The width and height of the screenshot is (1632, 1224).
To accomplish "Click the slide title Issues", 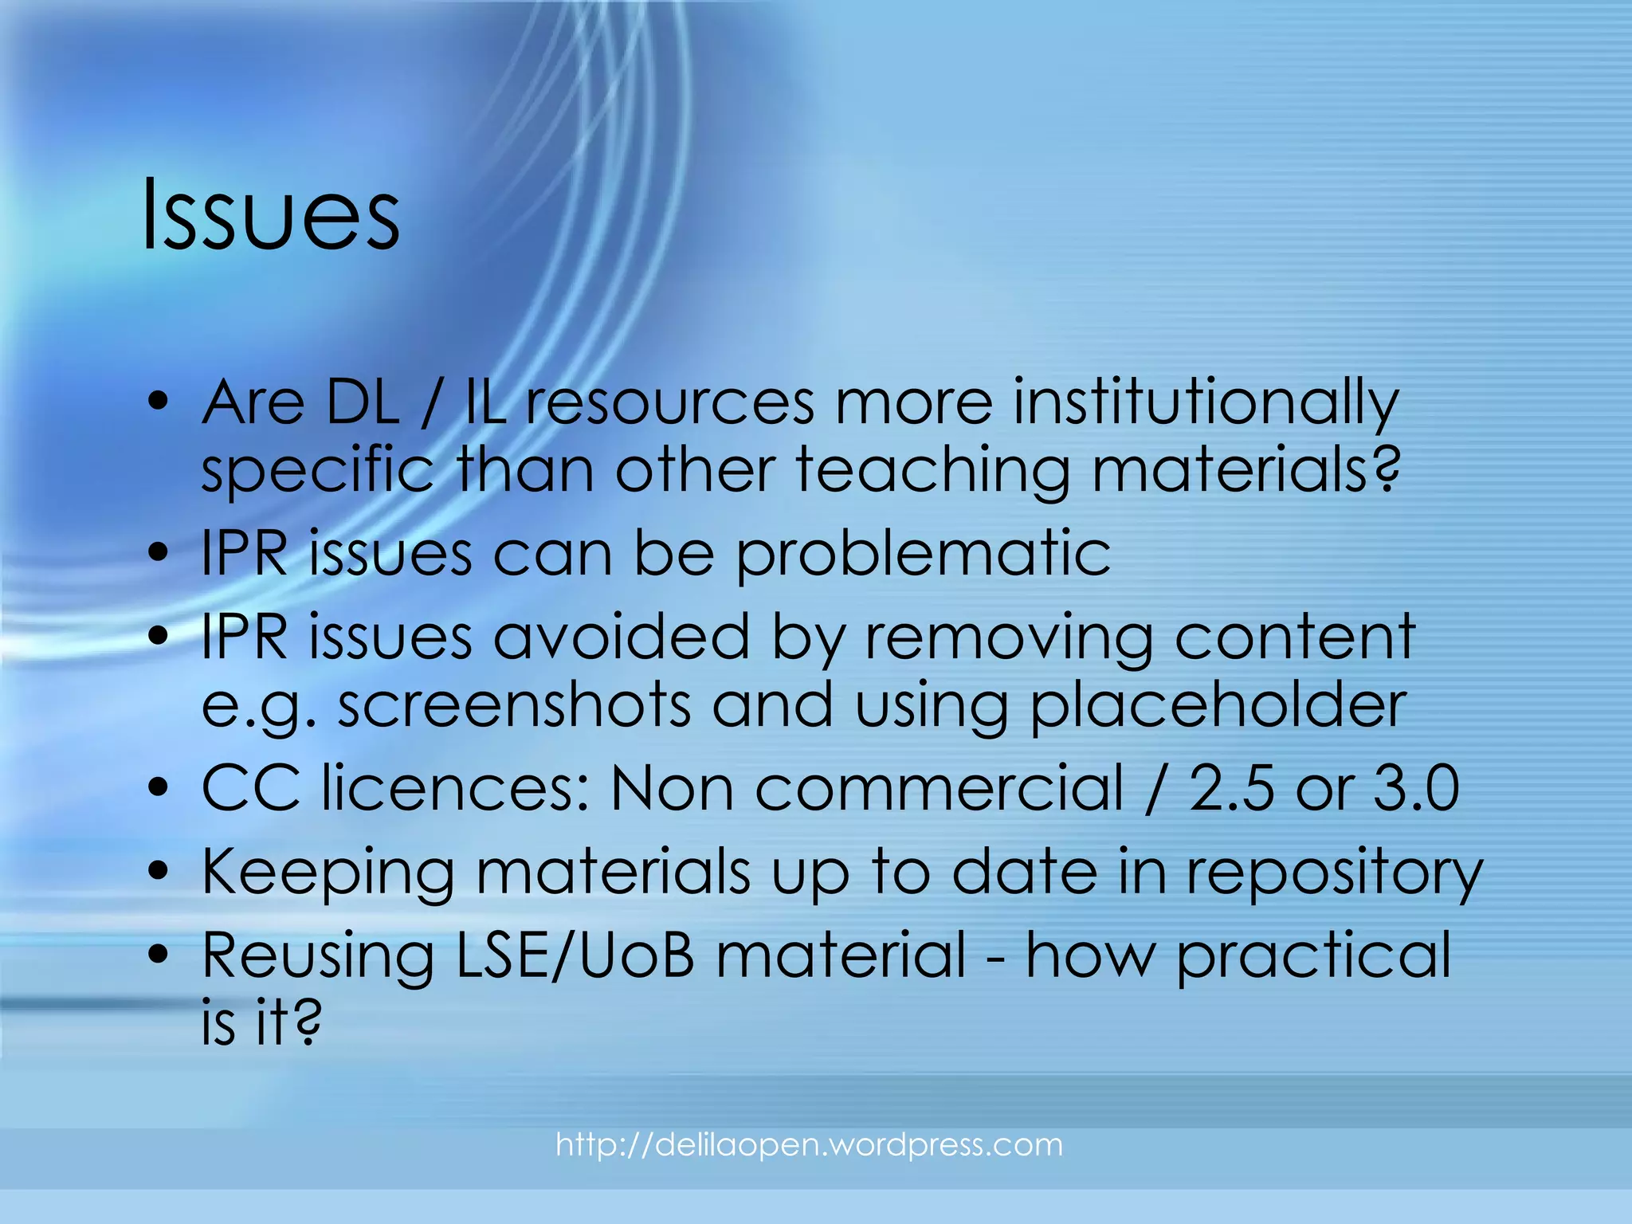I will coord(271,214).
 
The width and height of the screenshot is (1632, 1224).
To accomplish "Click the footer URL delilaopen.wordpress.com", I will coord(809,1145).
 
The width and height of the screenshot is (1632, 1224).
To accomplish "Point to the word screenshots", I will coord(514,705).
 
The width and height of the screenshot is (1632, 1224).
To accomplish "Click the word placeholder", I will coord(1218,705).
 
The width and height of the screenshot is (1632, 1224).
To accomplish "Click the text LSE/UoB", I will coord(575,955).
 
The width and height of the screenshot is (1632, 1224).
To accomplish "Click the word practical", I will coord(1314,955).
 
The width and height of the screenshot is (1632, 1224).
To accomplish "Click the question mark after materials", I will coord(1386,472).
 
